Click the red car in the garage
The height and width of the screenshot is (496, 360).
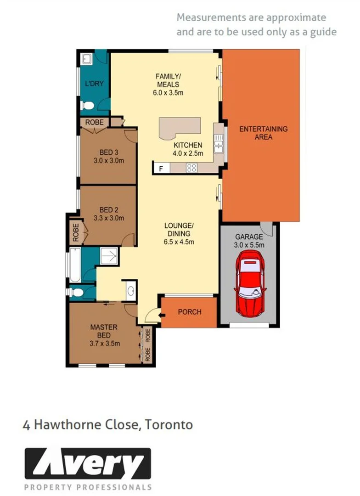point(250,287)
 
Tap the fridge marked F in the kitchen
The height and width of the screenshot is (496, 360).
point(161,169)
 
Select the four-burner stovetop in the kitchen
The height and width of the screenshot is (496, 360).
point(191,168)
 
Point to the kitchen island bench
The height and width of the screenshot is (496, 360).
point(180,127)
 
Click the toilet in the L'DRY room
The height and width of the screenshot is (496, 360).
point(87,106)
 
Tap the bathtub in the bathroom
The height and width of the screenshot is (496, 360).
point(74,265)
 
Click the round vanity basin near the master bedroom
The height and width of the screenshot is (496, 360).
point(130,290)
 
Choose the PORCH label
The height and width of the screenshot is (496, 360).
point(190,312)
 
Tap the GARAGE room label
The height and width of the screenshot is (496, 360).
point(249,237)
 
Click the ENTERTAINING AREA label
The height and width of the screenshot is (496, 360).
point(263,133)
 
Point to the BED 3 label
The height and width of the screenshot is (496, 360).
point(109,153)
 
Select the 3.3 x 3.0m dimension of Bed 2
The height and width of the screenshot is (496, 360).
point(109,218)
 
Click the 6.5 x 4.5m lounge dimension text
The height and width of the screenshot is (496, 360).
point(179,242)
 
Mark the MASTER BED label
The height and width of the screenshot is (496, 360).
point(103,331)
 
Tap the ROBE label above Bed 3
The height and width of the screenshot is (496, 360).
point(95,122)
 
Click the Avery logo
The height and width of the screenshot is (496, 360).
point(87,464)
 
